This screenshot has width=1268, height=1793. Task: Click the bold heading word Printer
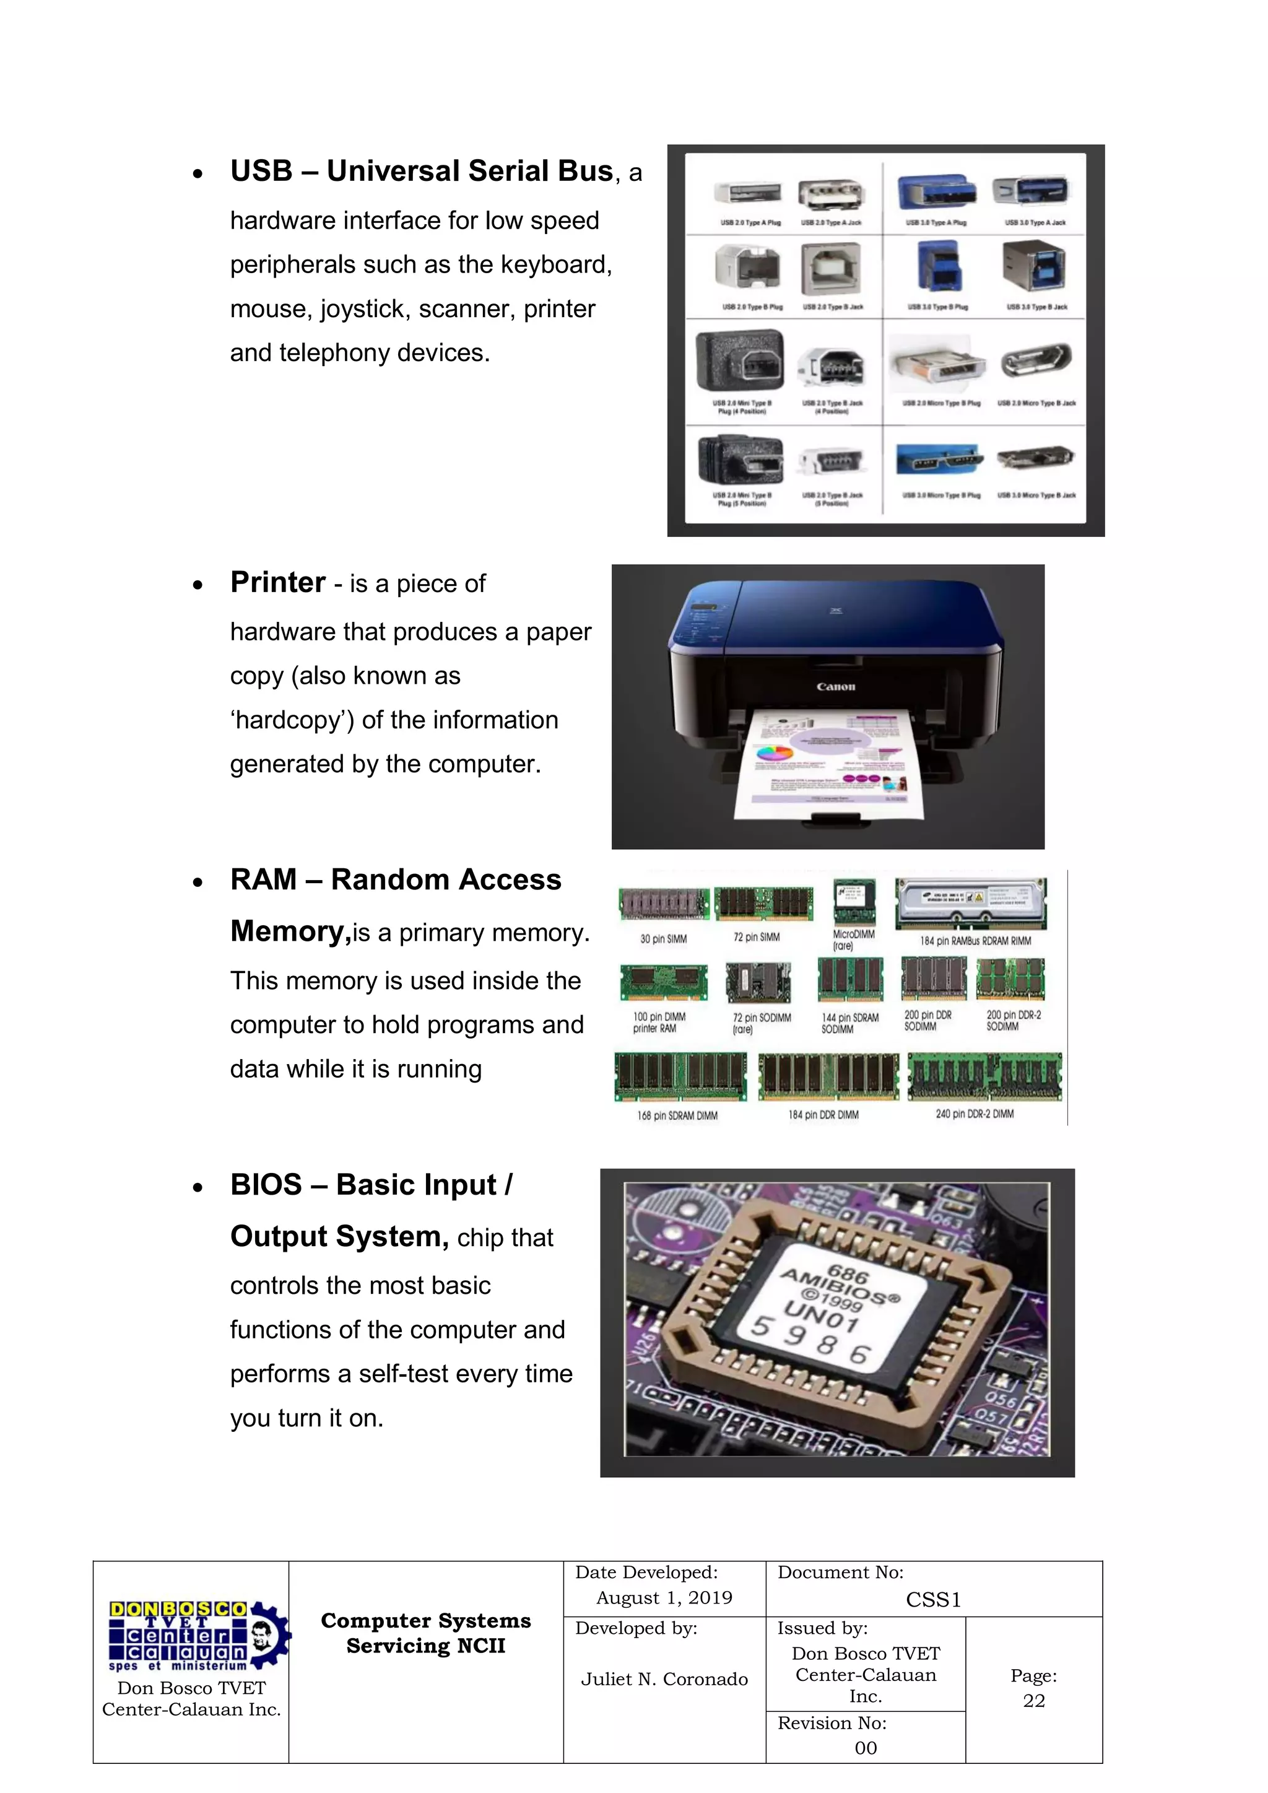pos(277,583)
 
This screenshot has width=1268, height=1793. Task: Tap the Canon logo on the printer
pos(835,687)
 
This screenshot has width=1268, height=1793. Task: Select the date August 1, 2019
pos(664,1598)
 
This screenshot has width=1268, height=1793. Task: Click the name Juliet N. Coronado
pos(664,1679)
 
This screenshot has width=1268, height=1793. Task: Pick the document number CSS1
pos(933,1600)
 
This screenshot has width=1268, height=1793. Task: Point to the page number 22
pos(1034,1701)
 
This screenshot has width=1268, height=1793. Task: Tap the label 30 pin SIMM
pos(663,939)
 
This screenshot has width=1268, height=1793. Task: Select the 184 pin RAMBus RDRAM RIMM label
pos(975,941)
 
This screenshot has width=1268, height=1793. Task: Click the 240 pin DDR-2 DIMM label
pos(975,1114)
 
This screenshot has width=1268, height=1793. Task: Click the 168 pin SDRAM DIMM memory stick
pos(680,1076)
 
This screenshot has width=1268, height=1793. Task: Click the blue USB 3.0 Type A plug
pos(936,191)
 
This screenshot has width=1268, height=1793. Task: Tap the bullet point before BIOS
pos(198,1189)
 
